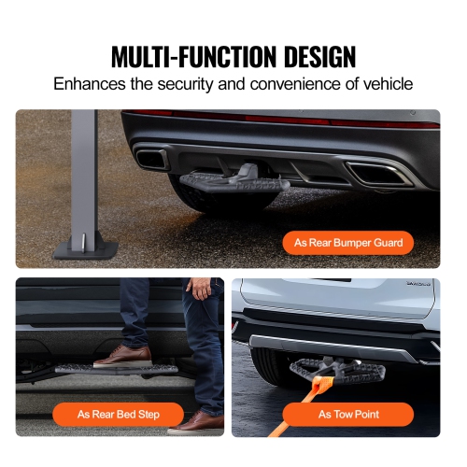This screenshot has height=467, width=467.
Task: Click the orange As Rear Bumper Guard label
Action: pyautogui.click(x=347, y=243)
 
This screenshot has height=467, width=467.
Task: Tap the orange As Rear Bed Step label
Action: pyautogui.click(x=118, y=414)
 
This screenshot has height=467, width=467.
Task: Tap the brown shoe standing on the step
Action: pyautogui.click(x=123, y=356)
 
